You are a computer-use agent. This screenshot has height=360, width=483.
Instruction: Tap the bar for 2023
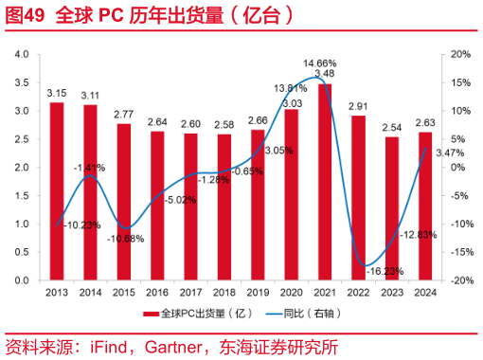(392, 208)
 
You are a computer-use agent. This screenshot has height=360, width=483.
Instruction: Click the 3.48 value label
(325, 73)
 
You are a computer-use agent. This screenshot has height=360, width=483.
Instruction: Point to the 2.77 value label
(123, 114)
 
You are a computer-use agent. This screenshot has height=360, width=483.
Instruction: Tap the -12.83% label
(418, 234)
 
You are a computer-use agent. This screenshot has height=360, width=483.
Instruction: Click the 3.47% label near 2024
(451, 152)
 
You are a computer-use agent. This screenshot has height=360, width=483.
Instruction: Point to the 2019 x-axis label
(258, 291)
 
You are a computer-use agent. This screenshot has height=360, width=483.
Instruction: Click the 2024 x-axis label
(425, 291)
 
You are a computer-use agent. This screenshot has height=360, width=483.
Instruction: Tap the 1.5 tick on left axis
(22, 196)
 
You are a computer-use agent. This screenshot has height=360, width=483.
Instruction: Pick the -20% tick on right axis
(458, 281)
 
